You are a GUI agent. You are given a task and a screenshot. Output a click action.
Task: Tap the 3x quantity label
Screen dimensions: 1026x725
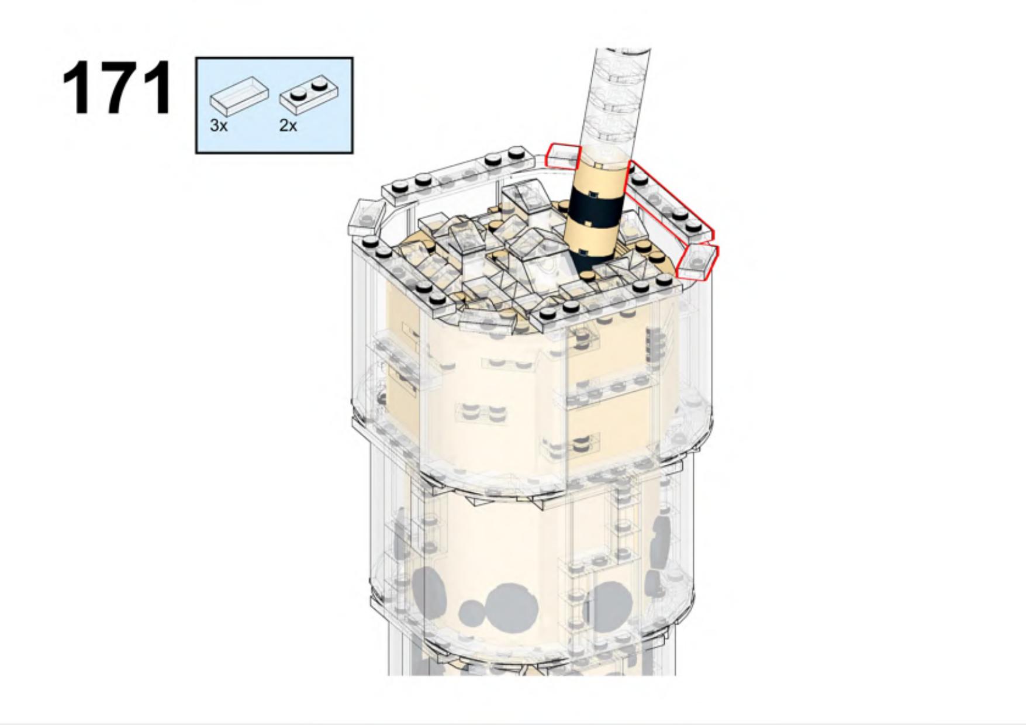(218, 125)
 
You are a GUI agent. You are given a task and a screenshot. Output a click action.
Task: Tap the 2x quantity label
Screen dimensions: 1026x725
(288, 125)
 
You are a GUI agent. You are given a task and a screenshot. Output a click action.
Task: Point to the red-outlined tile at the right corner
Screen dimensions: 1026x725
(697, 261)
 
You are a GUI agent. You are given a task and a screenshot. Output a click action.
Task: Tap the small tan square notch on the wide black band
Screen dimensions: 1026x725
(593, 194)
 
